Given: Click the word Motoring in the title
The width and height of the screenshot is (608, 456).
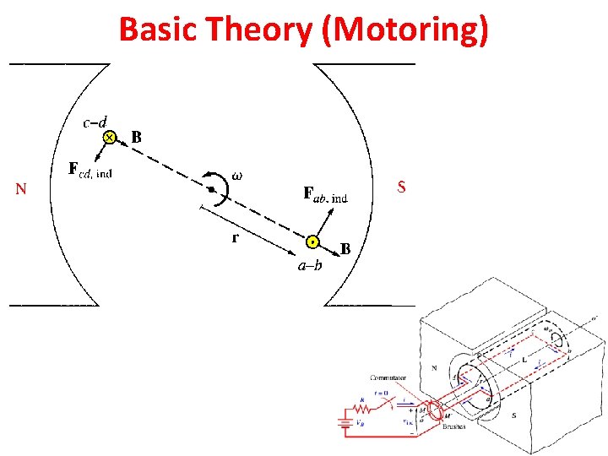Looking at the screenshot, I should (412, 30).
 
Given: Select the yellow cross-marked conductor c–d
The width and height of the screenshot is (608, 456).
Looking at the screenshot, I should (109, 137).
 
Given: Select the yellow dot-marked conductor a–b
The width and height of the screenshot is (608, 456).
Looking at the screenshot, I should (312, 242).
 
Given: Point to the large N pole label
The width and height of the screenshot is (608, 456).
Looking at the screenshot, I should (21, 189).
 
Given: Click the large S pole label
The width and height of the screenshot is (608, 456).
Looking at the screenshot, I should (401, 187).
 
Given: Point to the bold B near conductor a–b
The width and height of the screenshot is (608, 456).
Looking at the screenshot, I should (345, 249).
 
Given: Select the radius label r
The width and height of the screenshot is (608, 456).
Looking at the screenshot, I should (235, 237).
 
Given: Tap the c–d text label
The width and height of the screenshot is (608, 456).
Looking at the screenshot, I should (99, 122).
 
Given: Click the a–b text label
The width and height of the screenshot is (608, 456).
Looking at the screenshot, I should (309, 266).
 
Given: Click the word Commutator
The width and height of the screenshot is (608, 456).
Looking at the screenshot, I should (388, 377).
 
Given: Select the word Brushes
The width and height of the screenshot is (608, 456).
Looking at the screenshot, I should (453, 426).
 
